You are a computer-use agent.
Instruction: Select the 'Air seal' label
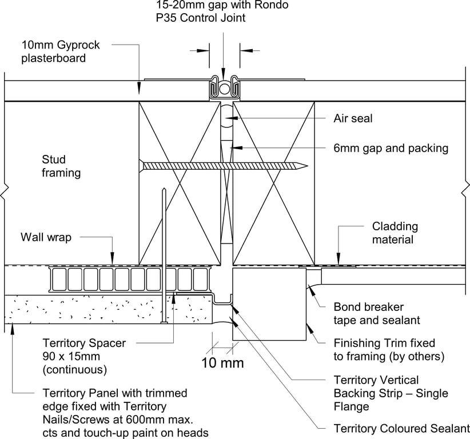click(x=353, y=119)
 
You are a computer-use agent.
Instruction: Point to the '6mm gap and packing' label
click(x=391, y=148)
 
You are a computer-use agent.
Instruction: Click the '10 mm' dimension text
click(x=222, y=363)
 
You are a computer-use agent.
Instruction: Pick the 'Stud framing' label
click(x=61, y=166)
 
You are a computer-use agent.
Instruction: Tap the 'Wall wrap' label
click(x=46, y=237)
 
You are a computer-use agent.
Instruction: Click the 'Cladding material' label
click(x=395, y=233)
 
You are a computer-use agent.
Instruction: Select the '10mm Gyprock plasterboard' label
click(x=54, y=51)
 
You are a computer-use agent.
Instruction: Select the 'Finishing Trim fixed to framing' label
click(x=388, y=350)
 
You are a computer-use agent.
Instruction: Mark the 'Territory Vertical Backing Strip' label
click(x=391, y=393)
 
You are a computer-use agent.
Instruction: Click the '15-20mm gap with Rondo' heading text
click(x=222, y=6)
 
